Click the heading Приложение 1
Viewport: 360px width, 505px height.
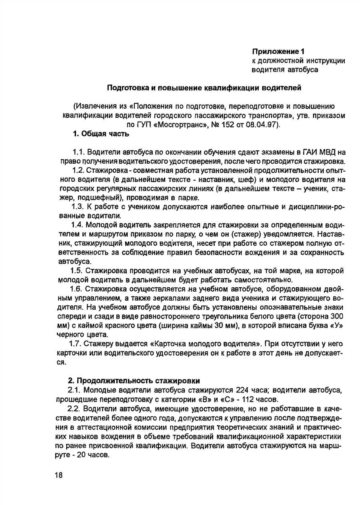tap(278, 51)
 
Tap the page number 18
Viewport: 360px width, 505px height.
tap(59, 475)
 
